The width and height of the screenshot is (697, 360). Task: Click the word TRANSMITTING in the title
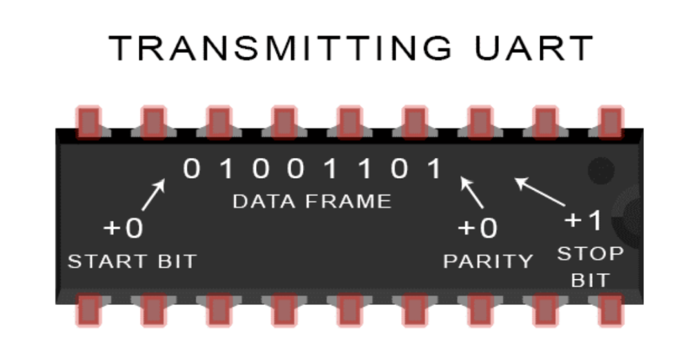tap(280, 48)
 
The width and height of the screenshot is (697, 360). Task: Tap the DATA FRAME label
tap(312, 201)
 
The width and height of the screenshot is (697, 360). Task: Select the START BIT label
tap(132, 262)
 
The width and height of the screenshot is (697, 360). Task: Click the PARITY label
tap(488, 261)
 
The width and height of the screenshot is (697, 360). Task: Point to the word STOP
tap(590, 254)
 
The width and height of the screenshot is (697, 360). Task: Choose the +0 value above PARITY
tap(478, 228)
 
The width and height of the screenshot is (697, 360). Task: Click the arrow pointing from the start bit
tap(154, 194)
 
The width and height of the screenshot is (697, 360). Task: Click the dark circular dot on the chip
tap(601, 168)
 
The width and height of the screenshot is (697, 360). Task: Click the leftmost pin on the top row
tap(88, 121)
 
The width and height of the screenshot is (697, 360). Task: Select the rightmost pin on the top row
tap(610, 121)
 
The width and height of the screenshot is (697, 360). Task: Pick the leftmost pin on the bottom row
tap(88, 310)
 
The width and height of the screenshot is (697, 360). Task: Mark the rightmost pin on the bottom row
tap(610, 310)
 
